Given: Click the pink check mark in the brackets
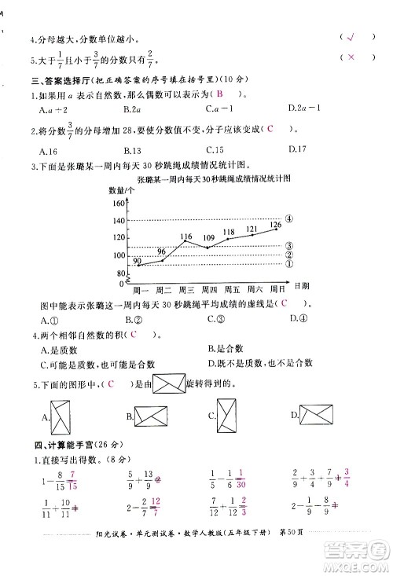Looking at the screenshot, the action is [x=351, y=37].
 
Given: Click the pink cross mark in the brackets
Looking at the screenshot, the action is [x=351, y=57].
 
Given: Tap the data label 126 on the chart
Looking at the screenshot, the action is [x=275, y=225].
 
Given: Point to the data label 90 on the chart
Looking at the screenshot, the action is [x=138, y=260].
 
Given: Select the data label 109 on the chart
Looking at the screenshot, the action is [x=208, y=237].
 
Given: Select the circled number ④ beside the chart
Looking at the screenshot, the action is [x=289, y=218].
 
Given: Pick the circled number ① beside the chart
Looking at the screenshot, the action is [x=289, y=264].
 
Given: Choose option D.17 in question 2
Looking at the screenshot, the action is [x=297, y=149].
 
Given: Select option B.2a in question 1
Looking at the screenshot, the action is [x=131, y=108].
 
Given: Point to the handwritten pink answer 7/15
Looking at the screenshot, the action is [x=74, y=477].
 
